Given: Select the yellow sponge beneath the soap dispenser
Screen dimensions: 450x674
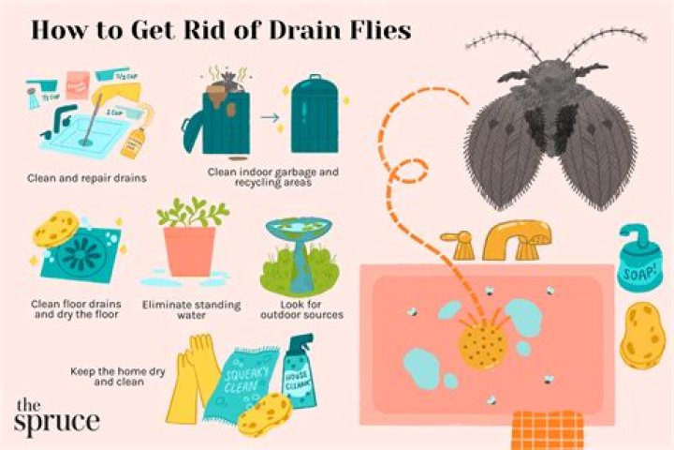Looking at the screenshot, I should coord(644,332).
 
